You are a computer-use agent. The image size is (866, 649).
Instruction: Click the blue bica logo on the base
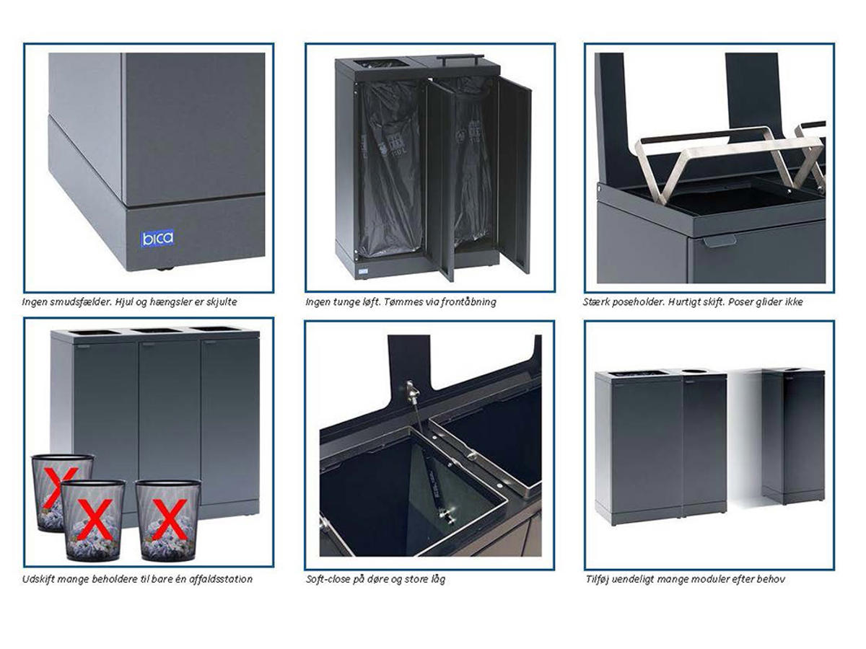pyautogui.click(x=157, y=239)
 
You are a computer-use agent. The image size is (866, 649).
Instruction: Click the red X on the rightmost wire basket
pyautogui.click(x=170, y=519)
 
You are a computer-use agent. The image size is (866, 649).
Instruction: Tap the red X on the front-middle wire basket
pyautogui.click(x=95, y=518)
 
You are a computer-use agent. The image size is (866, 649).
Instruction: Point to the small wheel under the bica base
pyautogui.click(x=165, y=269)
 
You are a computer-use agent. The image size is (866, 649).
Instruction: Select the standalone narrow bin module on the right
pyautogui.click(x=792, y=436)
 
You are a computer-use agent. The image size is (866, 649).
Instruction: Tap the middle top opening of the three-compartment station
pyautogui.click(x=156, y=330)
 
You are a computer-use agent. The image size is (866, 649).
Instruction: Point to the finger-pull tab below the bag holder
pyautogui.click(x=720, y=240)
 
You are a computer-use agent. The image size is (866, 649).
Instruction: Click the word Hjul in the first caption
pyautogui.click(x=124, y=302)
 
